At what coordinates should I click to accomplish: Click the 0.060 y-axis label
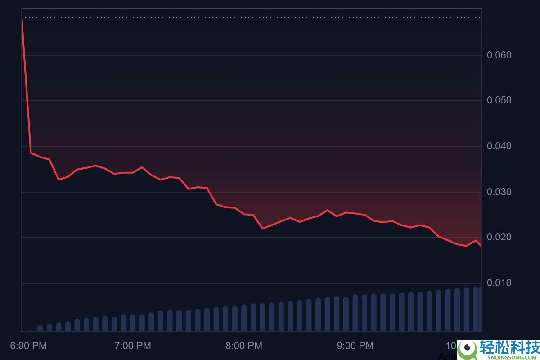click(x=499, y=55)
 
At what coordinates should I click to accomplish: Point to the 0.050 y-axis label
click(x=499, y=100)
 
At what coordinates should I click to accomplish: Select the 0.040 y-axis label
click(x=499, y=146)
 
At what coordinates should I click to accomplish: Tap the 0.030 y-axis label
click(x=499, y=192)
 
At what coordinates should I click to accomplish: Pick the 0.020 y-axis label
click(x=499, y=237)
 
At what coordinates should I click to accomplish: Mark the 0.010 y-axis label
click(x=499, y=283)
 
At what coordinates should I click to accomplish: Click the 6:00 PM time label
click(x=28, y=346)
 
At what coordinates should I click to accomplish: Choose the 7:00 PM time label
click(x=133, y=346)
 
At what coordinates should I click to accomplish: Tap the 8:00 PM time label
click(x=244, y=346)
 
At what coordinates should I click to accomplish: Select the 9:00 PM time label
click(x=355, y=346)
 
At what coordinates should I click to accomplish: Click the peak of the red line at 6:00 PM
click(x=22, y=17)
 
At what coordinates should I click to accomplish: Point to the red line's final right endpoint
click(x=481, y=246)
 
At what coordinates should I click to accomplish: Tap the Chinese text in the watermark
click(x=509, y=347)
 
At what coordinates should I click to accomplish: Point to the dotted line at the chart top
click(x=252, y=18)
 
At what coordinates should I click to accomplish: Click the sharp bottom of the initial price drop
click(x=31, y=153)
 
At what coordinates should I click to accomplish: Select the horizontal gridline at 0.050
click(x=252, y=100)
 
